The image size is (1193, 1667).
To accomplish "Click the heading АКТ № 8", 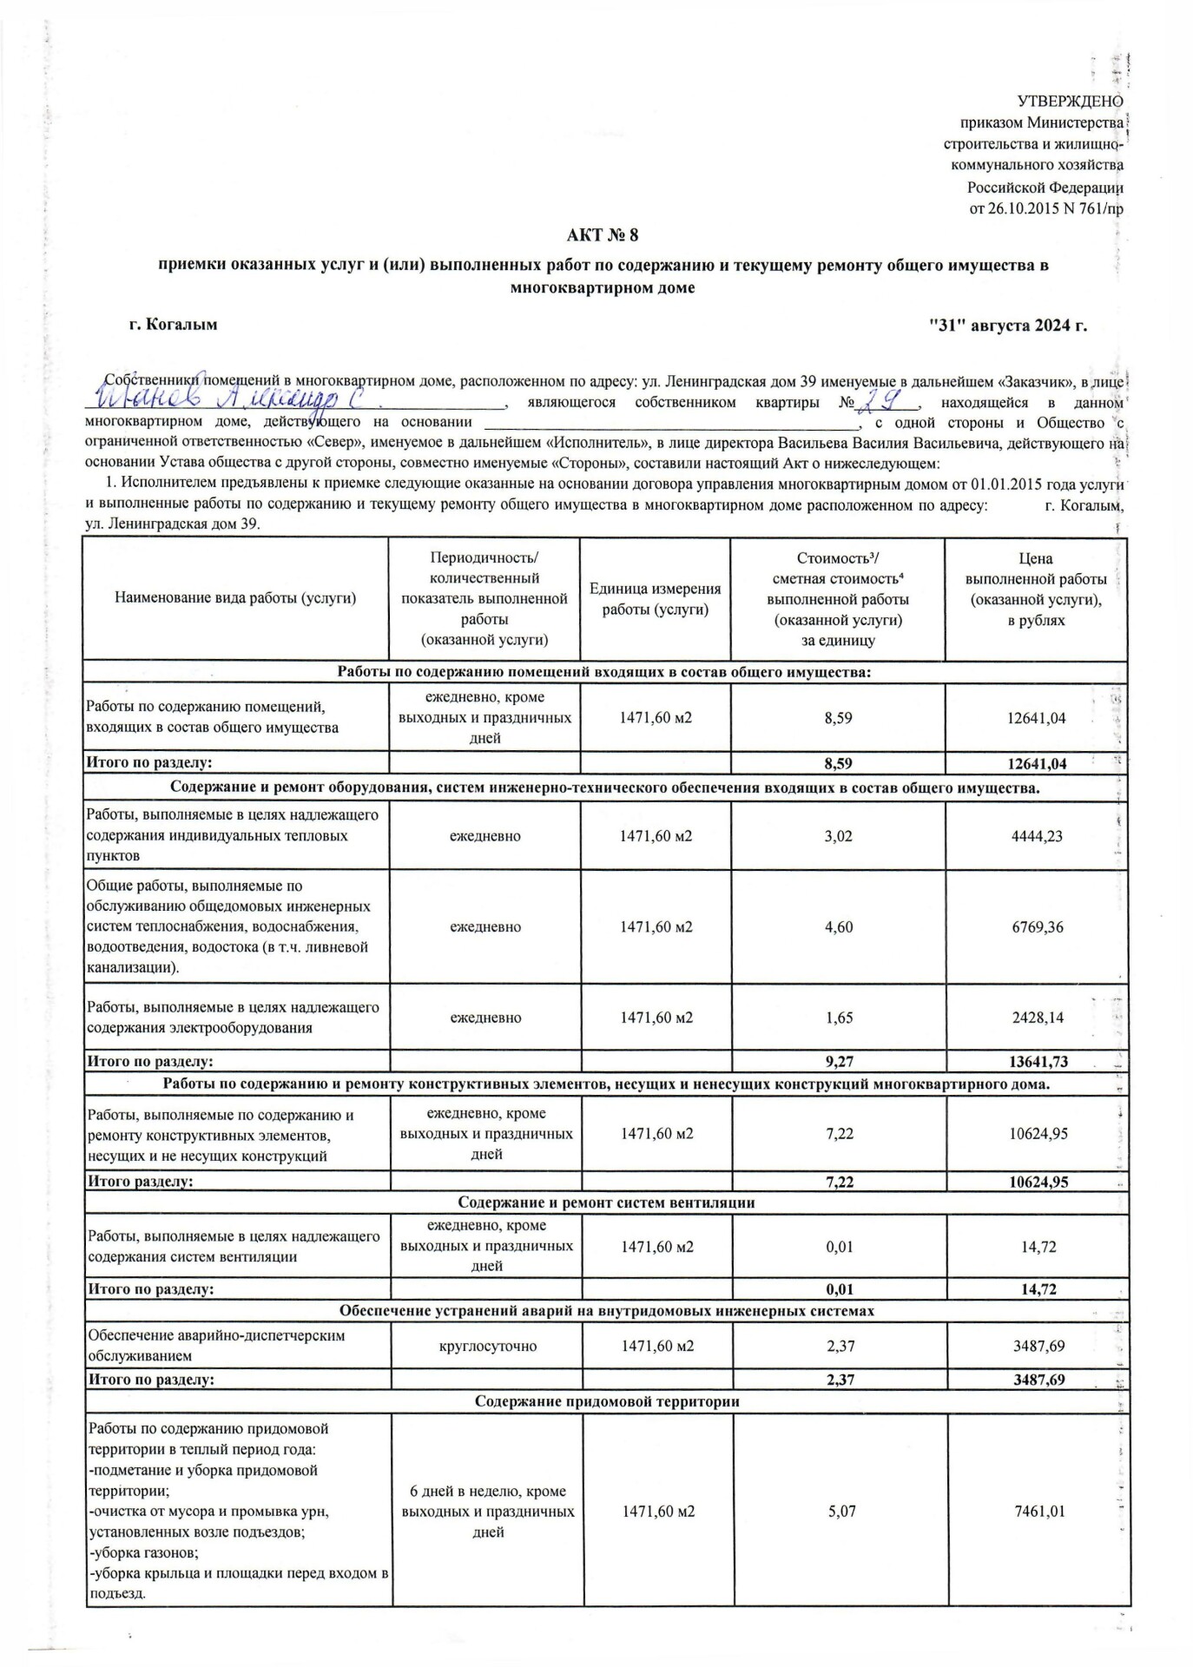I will pyautogui.click(x=602, y=235).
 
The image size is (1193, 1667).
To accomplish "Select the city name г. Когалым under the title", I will pyautogui.click(x=173, y=325).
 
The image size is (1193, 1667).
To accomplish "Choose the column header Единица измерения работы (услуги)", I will pyautogui.click(x=655, y=599).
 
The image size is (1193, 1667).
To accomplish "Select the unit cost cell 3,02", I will pyautogui.click(x=838, y=836).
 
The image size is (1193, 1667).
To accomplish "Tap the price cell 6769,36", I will pyautogui.click(x=1038, y=927).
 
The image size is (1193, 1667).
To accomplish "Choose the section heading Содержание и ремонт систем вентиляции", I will pyautogui.click(x=606, y=1202).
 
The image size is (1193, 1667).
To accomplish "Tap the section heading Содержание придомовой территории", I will pyautogui.click(x=607, y=1402).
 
